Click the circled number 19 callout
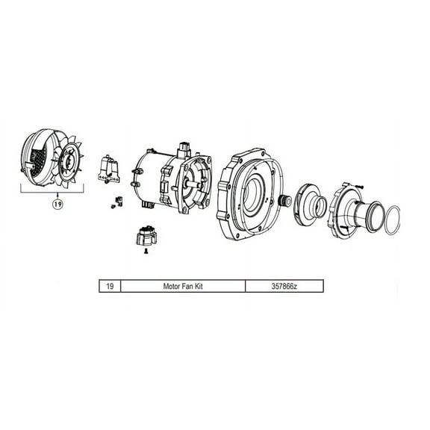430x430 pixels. (x=56, y=202)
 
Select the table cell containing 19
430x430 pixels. (x=110, y=285)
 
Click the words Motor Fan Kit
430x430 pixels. (x=182, y=285)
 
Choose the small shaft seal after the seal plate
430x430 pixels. (x=284, y=201)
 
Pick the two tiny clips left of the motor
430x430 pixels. (x=116, y=202)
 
